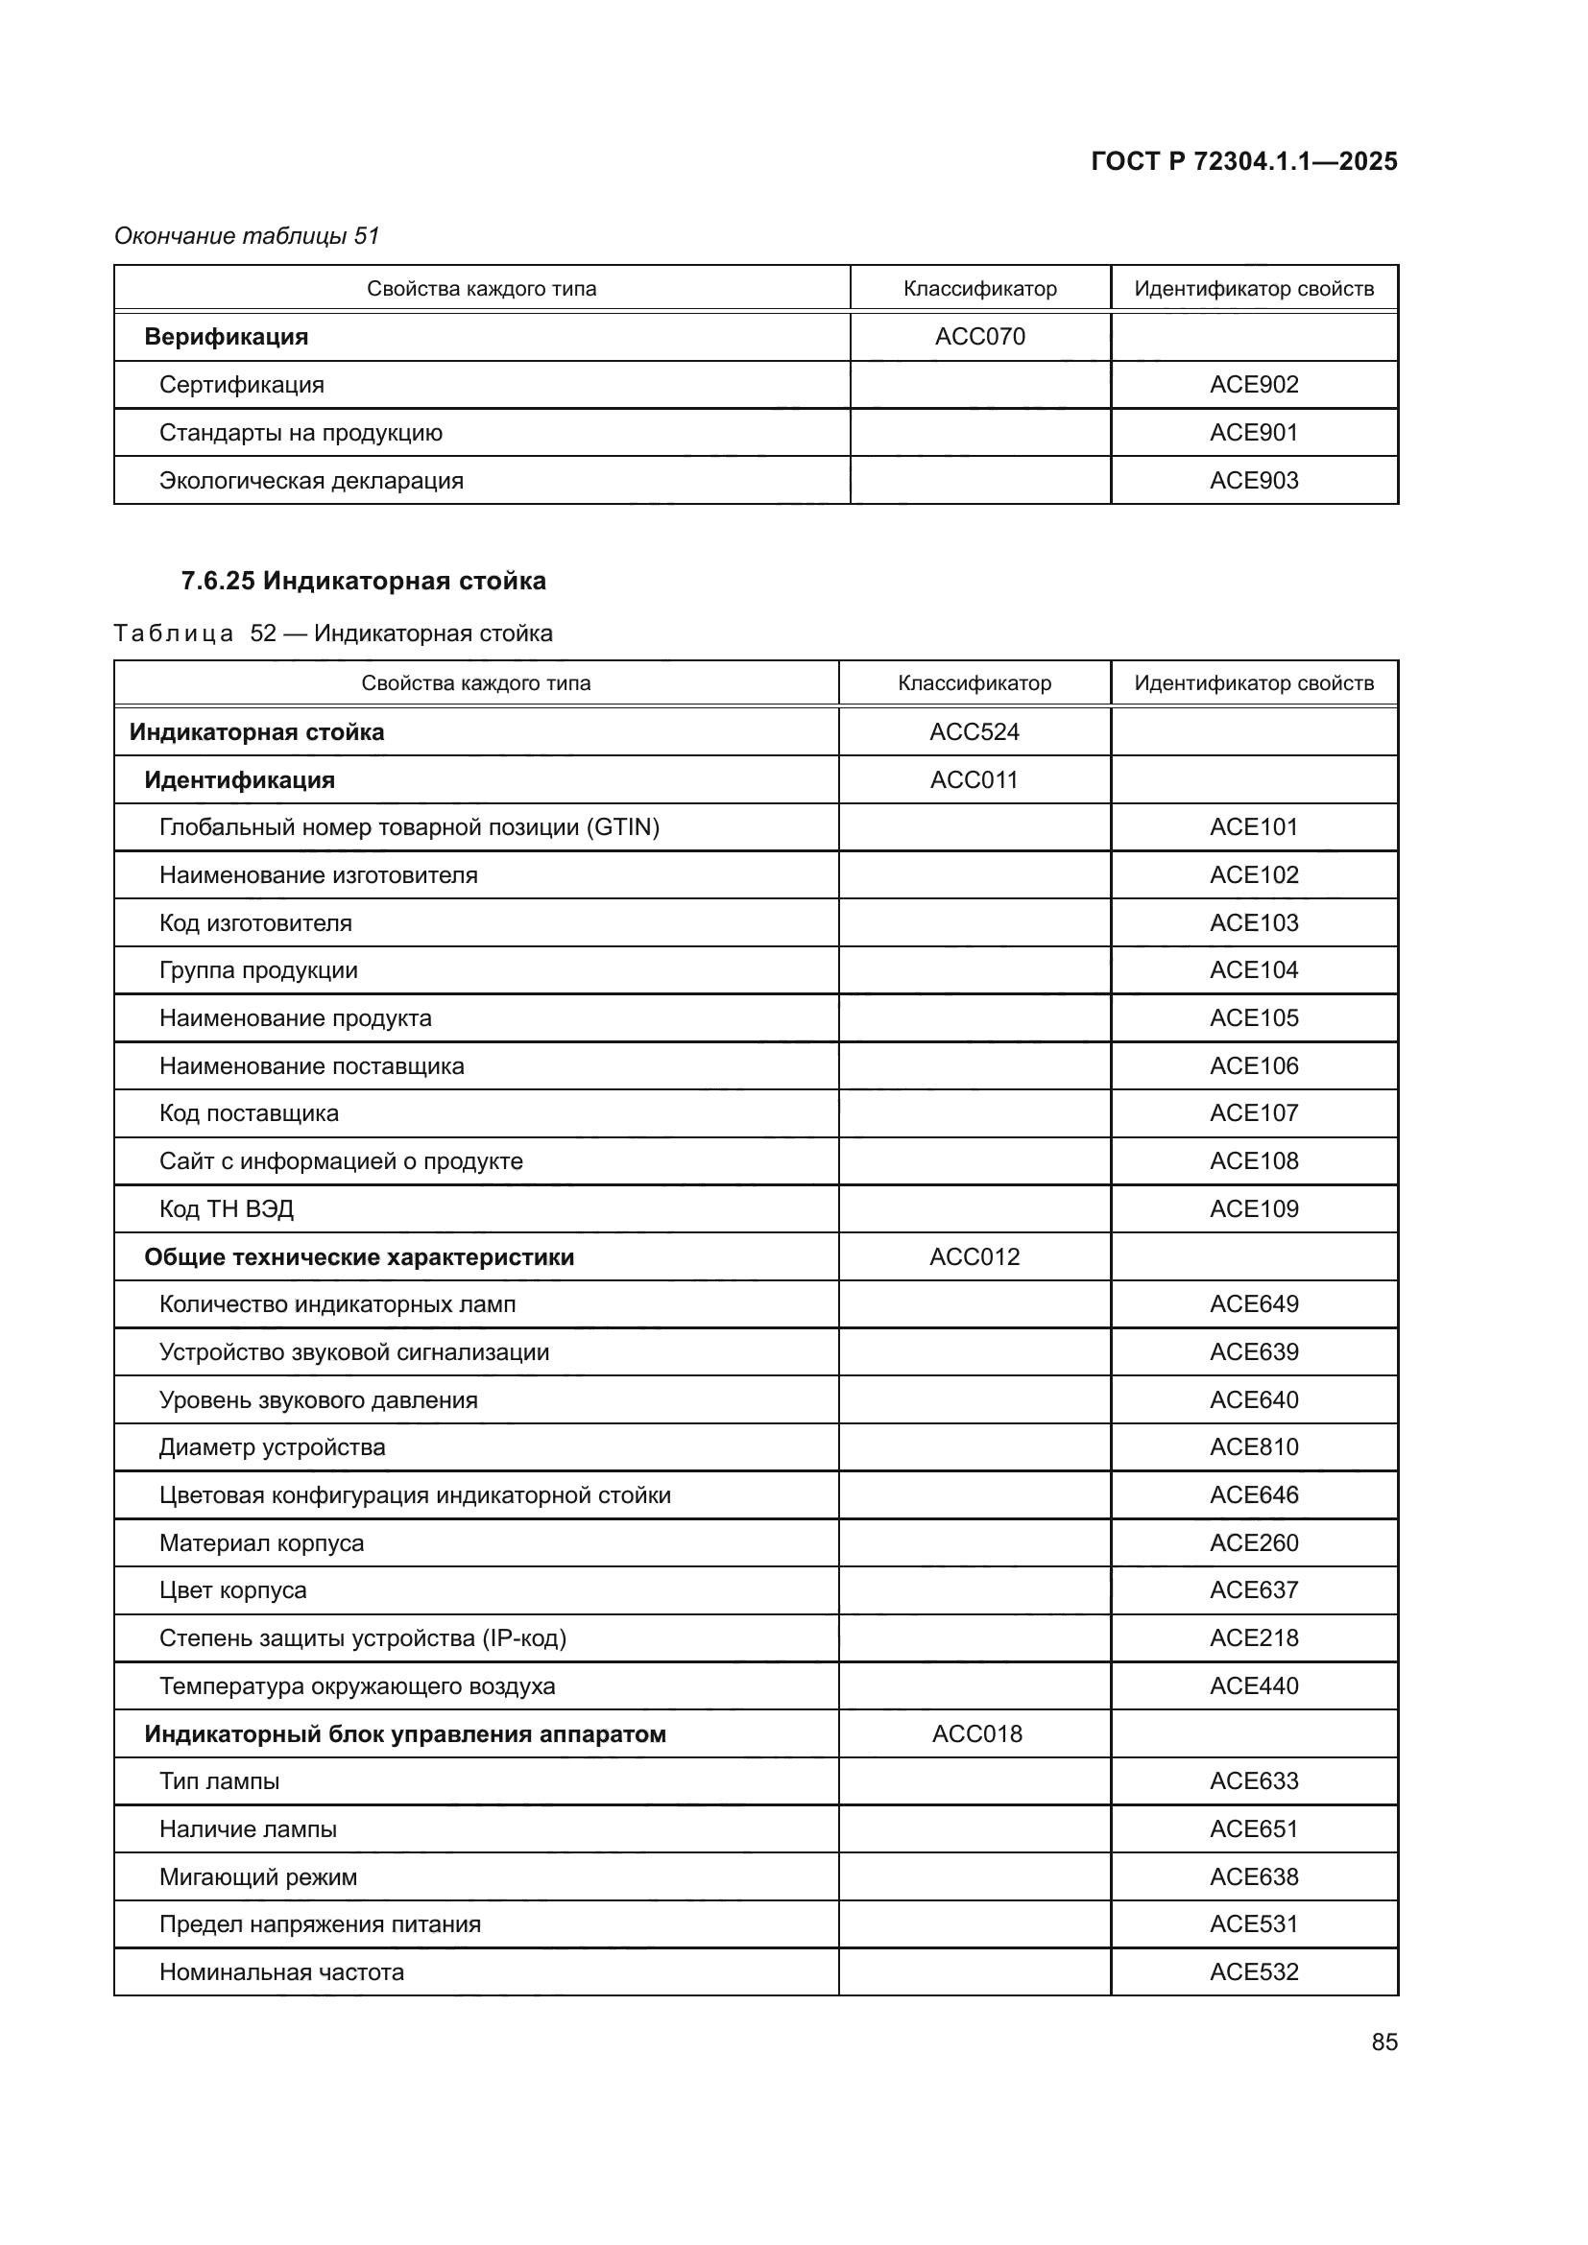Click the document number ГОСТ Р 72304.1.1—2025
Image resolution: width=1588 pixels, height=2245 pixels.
coord(1242,161)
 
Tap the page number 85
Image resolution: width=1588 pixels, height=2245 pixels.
coord(1383,2042)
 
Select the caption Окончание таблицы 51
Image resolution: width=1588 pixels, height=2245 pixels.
coord(247,236)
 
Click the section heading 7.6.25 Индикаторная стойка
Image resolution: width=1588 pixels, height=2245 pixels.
coord(363,581)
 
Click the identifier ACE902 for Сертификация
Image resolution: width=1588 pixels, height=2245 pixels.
coord(1253,384)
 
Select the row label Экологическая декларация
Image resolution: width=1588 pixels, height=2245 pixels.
coord(311,481)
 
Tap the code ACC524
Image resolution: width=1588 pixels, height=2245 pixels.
coord(974,731)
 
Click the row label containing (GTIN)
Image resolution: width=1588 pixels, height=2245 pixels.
coord(409,827)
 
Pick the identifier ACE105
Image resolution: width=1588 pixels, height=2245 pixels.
coord(1253,1017)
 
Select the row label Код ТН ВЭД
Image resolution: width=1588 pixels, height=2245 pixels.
coord(226,1209)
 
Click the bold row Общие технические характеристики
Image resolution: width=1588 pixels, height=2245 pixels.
coord(359,1257)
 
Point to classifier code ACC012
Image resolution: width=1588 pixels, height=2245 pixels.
coord(974,1257)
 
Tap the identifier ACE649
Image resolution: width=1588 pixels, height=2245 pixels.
coord(1253,1304)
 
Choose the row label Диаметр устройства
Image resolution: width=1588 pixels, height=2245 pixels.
coord(272,1447)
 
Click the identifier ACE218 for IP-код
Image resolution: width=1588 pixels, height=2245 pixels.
coord(1253,1637)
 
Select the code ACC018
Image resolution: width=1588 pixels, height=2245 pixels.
coord(975,1733)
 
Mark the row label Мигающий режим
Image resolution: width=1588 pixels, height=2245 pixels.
coord(258,1877)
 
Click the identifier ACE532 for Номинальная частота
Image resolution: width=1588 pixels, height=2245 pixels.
coord(1253,1972)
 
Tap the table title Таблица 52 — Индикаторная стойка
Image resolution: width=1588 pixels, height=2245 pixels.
coord(332,633)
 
